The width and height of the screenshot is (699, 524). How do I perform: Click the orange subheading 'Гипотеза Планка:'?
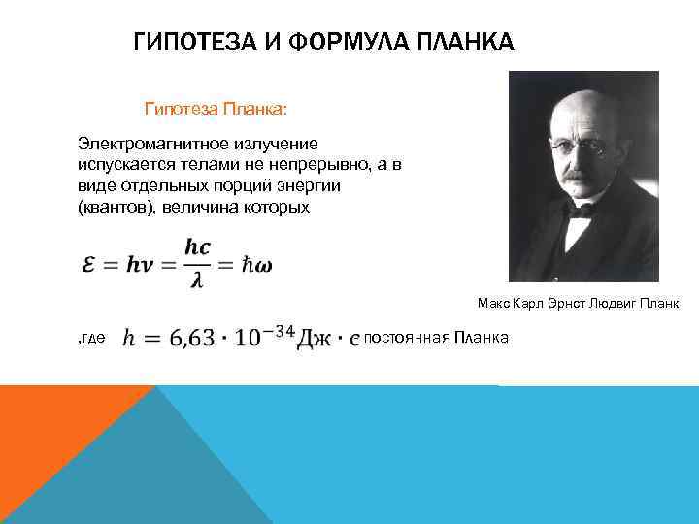[x=216, y=106]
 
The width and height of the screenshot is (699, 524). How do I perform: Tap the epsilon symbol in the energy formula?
[x=90, y=262]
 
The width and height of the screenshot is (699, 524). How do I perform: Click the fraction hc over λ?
[x=197, y=262]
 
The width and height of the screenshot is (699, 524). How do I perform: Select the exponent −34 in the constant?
[x=286, y=328]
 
